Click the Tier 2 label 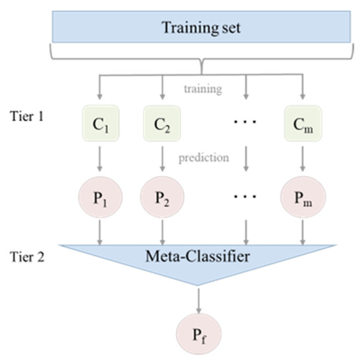[x=28, y=256]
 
